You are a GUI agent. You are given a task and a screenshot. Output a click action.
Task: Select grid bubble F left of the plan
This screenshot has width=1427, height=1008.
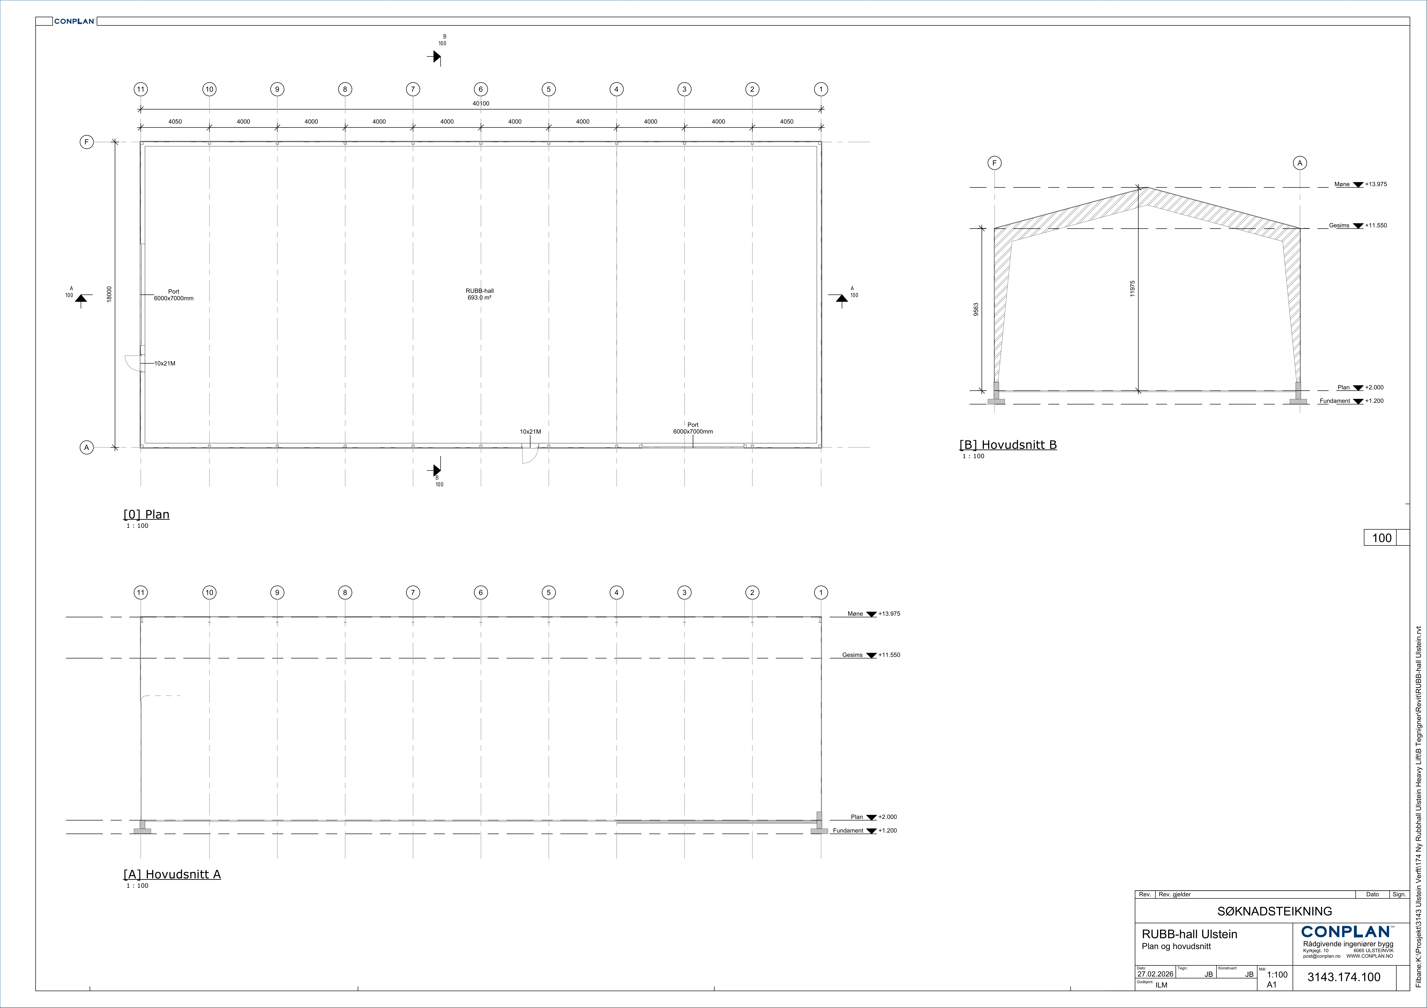(x=86, y=142)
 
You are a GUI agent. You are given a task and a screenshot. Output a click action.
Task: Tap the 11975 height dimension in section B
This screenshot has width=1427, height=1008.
(x=1132, y=288)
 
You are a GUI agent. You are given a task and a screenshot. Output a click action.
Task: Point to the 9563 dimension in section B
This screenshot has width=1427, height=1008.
(x=976, y=310)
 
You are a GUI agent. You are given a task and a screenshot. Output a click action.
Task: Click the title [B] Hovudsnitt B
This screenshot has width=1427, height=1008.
(x=1008, y=445)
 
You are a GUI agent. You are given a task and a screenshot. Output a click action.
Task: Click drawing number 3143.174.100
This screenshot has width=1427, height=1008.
(x=1344, y=977)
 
